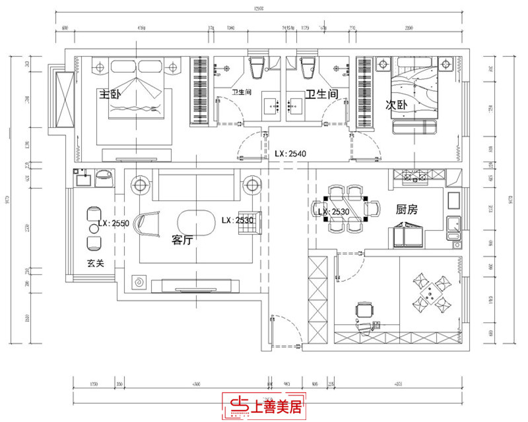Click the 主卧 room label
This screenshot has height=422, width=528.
pyautogui.click(x=110, y=95)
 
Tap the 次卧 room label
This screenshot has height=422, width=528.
pyautogui.click(x=397, y=105)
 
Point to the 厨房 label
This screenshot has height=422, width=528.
pyautogui.click(x=407, y=210)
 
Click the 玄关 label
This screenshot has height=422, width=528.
pyautogui.click(x=97, y=263)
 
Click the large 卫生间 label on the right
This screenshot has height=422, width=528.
pyautogui.click(x=321, y=95)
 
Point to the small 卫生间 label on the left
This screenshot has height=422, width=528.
pyautogui.click(x=241, y=92)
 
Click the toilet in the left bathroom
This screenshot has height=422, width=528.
pyautogui.click(x=257, y=65)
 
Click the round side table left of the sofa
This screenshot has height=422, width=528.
pyautogui.click(x=140, y=185)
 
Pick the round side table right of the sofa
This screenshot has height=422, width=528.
pyautogui.click(x=250, y=185)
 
